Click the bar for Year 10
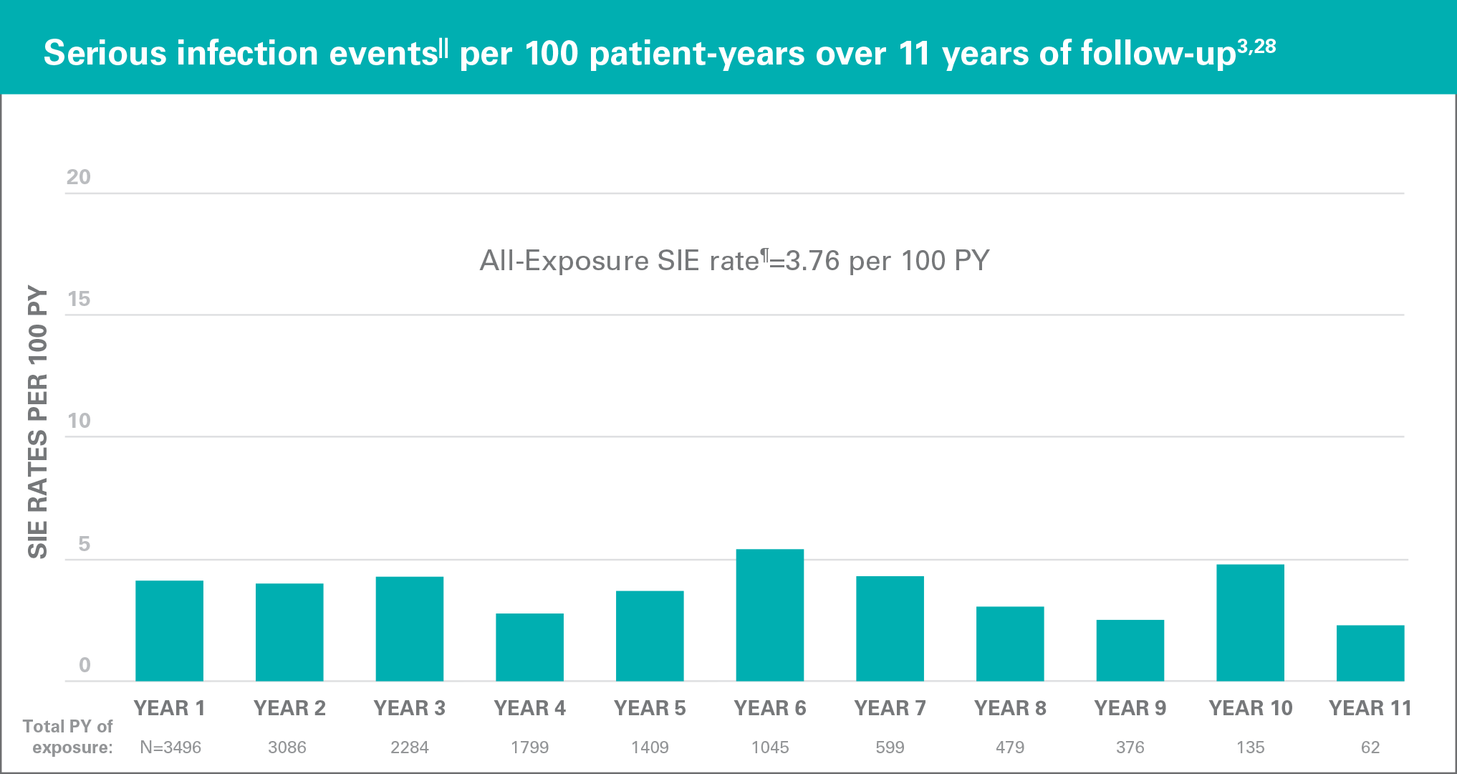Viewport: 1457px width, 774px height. (x=1250, y=623)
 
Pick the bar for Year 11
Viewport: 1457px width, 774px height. (x=1370, y=653)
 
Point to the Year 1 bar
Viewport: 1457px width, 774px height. (x=169, y=631)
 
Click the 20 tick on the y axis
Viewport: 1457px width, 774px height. (x=79, y=177)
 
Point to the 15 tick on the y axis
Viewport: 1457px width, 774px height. (x=79, y=299)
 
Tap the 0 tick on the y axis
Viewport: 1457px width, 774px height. (x=85, y=665)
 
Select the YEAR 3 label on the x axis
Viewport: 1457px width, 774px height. (x=409, y=708)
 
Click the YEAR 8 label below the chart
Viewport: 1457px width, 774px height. (x=1009, y=708)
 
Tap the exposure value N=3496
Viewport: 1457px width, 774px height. (x=170, y=747)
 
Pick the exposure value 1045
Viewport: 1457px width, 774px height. (x=769, y=747)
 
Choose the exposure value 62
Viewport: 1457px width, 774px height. (x=1370, y=747)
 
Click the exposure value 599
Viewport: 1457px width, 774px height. (x=890, y=747)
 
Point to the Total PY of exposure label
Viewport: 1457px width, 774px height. (x=68, y=737)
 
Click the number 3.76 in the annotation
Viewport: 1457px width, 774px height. (x=812, y=261)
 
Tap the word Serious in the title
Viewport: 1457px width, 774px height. (x=105, y=53)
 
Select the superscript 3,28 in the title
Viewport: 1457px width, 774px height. (x=1256, y=47)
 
